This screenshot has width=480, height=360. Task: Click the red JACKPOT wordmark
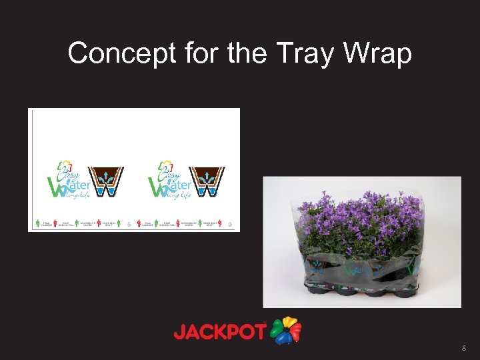pyautogui.click(x=219, y=331)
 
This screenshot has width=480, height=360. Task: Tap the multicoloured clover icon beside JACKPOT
pyautogui.click(x=286, y=330)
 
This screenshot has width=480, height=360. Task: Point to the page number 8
pyautogui.click(x=463, y=348)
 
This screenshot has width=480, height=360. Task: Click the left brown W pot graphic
pyautogui.click(x=105, y=181)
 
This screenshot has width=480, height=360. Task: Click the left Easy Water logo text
pyautogui.click(x=67, y=181)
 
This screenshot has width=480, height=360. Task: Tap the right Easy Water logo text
pyautogui.click(x=170, y=181)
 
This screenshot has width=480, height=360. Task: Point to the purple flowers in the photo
pyautogui.click(x=360, y=213)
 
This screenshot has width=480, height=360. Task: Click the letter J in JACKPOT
pyautogui.click(x=179, y=331)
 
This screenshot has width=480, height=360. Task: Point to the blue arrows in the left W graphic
pyautogui.click(x=105, y=177)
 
